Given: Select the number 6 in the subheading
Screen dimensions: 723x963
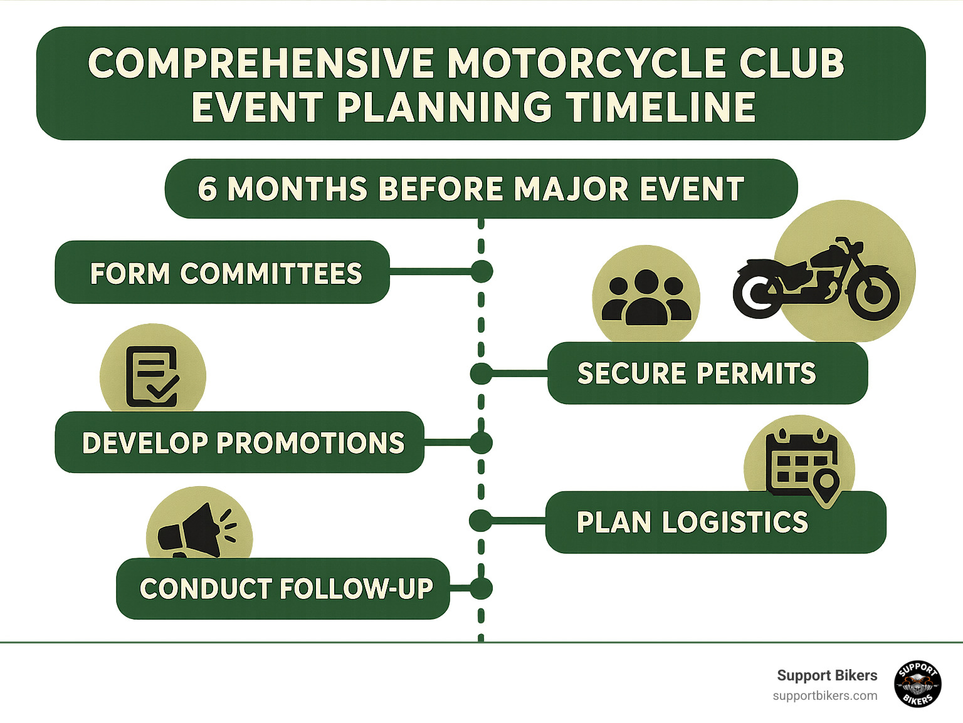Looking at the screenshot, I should point(208,189).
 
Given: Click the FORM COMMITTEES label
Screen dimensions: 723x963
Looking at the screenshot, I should point(226,273).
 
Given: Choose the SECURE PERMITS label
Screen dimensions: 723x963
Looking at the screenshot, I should point(697,373).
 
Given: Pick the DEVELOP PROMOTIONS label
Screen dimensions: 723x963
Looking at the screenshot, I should point(243,443).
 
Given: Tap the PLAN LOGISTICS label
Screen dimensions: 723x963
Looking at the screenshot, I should point(692,523).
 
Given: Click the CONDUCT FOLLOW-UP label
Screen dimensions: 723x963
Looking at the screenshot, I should point(286,589).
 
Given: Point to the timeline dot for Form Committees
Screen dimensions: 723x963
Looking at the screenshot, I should point(481,272).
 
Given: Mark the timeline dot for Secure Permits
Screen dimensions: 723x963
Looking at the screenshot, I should point(481,373).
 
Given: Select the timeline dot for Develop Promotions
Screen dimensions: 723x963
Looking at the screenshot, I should point(481,443).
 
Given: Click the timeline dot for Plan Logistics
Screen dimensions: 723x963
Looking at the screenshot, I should point(480,521).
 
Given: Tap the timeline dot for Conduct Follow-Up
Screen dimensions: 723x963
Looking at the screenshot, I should point(481,588).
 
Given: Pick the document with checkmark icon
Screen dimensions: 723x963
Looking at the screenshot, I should point(152,376).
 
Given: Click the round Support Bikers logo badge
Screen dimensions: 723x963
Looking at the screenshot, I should point(917,684).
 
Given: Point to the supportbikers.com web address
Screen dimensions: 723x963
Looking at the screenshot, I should point(824,696).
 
